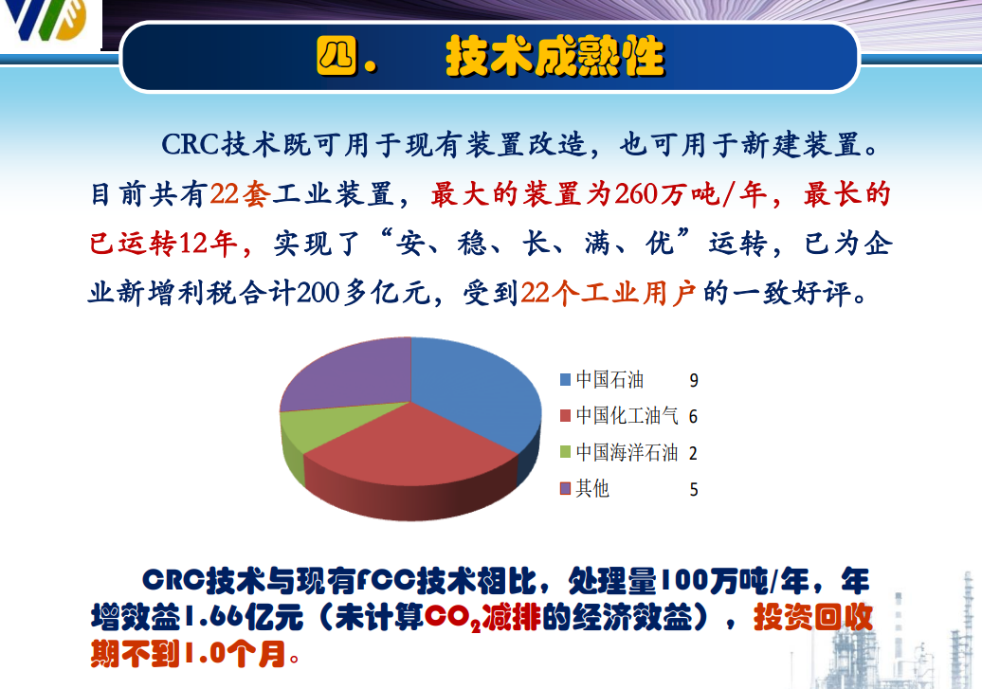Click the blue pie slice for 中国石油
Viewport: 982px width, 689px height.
pyautogui.click(x=470, y=389)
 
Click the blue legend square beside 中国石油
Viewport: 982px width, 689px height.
pyautogui.click(x=566, y=380)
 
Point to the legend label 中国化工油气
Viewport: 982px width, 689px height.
pyautogui.click(x=627, y=415)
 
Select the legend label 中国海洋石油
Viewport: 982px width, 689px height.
pyautogui.click(x=627, y=452)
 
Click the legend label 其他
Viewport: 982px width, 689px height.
pyautogui.click(x=592, y=489)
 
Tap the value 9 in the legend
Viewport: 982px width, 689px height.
pyautogui.click(x=694, y=380)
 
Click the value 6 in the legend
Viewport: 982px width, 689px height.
pyautogui.click(x=693, y=417)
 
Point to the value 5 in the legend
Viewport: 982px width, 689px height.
pyautogui.click(x=694, y=489)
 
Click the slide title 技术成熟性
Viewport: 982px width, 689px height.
pyautogui.click(x=555, y=56)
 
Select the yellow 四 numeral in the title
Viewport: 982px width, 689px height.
pyautogui.click(x=336, y=55)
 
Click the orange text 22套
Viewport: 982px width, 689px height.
pyautogui.click(x=240, y=194)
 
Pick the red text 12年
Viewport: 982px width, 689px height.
pyautogui.click(x=208, y=243)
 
